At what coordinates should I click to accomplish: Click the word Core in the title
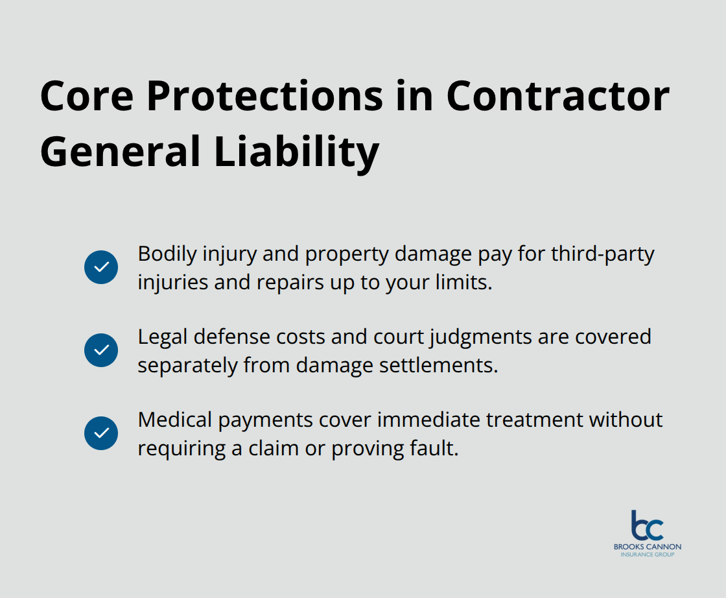click(87, 97)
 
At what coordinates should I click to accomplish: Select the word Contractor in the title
click(558, 97)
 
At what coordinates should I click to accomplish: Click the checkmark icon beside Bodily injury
click(101, 267)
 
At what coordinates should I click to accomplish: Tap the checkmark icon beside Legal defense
click(101, 350)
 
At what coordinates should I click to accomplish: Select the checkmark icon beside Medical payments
click(101, 433)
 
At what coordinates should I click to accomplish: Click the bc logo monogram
click(647, 525)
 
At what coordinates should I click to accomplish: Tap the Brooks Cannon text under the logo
click(648, 547)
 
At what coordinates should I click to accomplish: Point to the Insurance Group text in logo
click(648, 555)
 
